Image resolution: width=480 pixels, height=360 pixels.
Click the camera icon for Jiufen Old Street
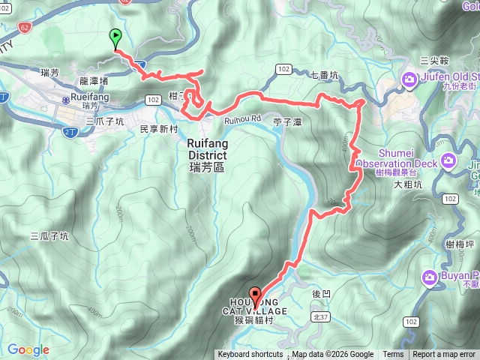pyautogui.click(x=410, y=78)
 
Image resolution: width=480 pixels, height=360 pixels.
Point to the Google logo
pyautogui.click(x=28, y=349)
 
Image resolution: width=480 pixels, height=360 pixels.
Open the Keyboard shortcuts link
pyautogui.click(x=250, y=355)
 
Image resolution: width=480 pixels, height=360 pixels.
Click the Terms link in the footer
pyautogui.click(x=393, y=355)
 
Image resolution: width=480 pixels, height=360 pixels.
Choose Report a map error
pyautogui.click(x=445, y=355)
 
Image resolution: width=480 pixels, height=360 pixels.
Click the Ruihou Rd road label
pyautogui.click(x=241, y=118)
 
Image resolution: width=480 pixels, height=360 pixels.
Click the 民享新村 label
pyautogui.click(x=158, y=129)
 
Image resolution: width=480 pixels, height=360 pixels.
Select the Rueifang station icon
pyautogui.click(x=66, y=98)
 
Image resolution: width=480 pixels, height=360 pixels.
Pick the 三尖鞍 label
pyautogui.click(x=434, y=59)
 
